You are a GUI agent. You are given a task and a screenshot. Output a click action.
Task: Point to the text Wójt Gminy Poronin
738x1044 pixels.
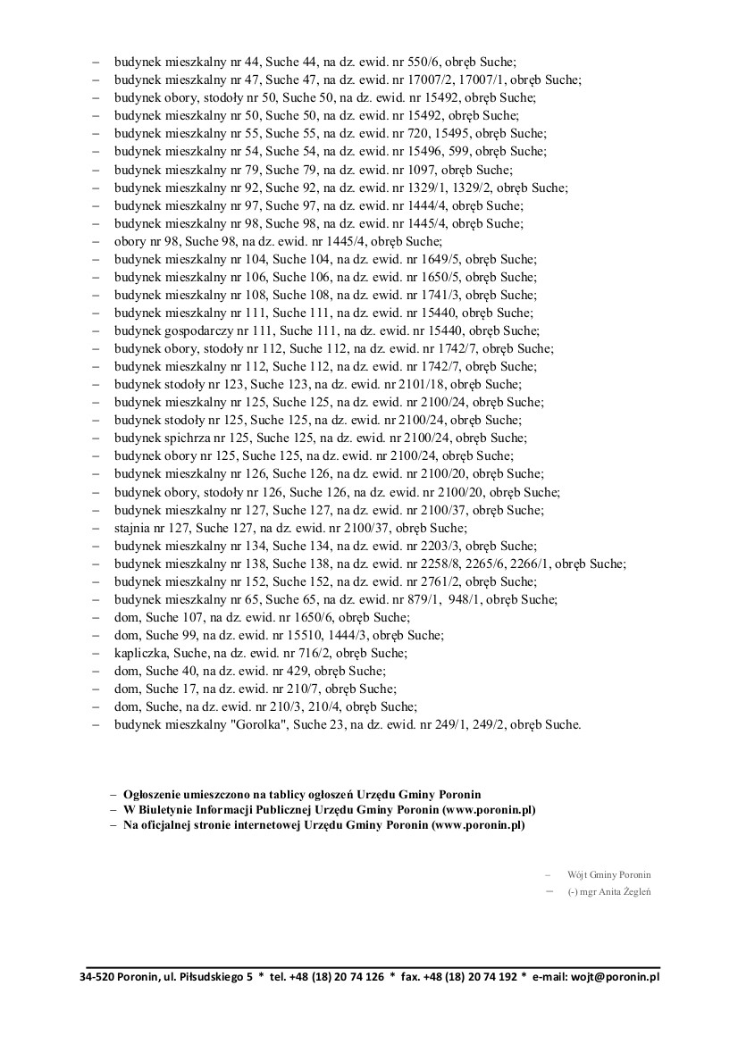[608, 874]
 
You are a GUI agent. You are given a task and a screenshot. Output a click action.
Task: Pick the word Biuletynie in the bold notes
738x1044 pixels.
[165, 809]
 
